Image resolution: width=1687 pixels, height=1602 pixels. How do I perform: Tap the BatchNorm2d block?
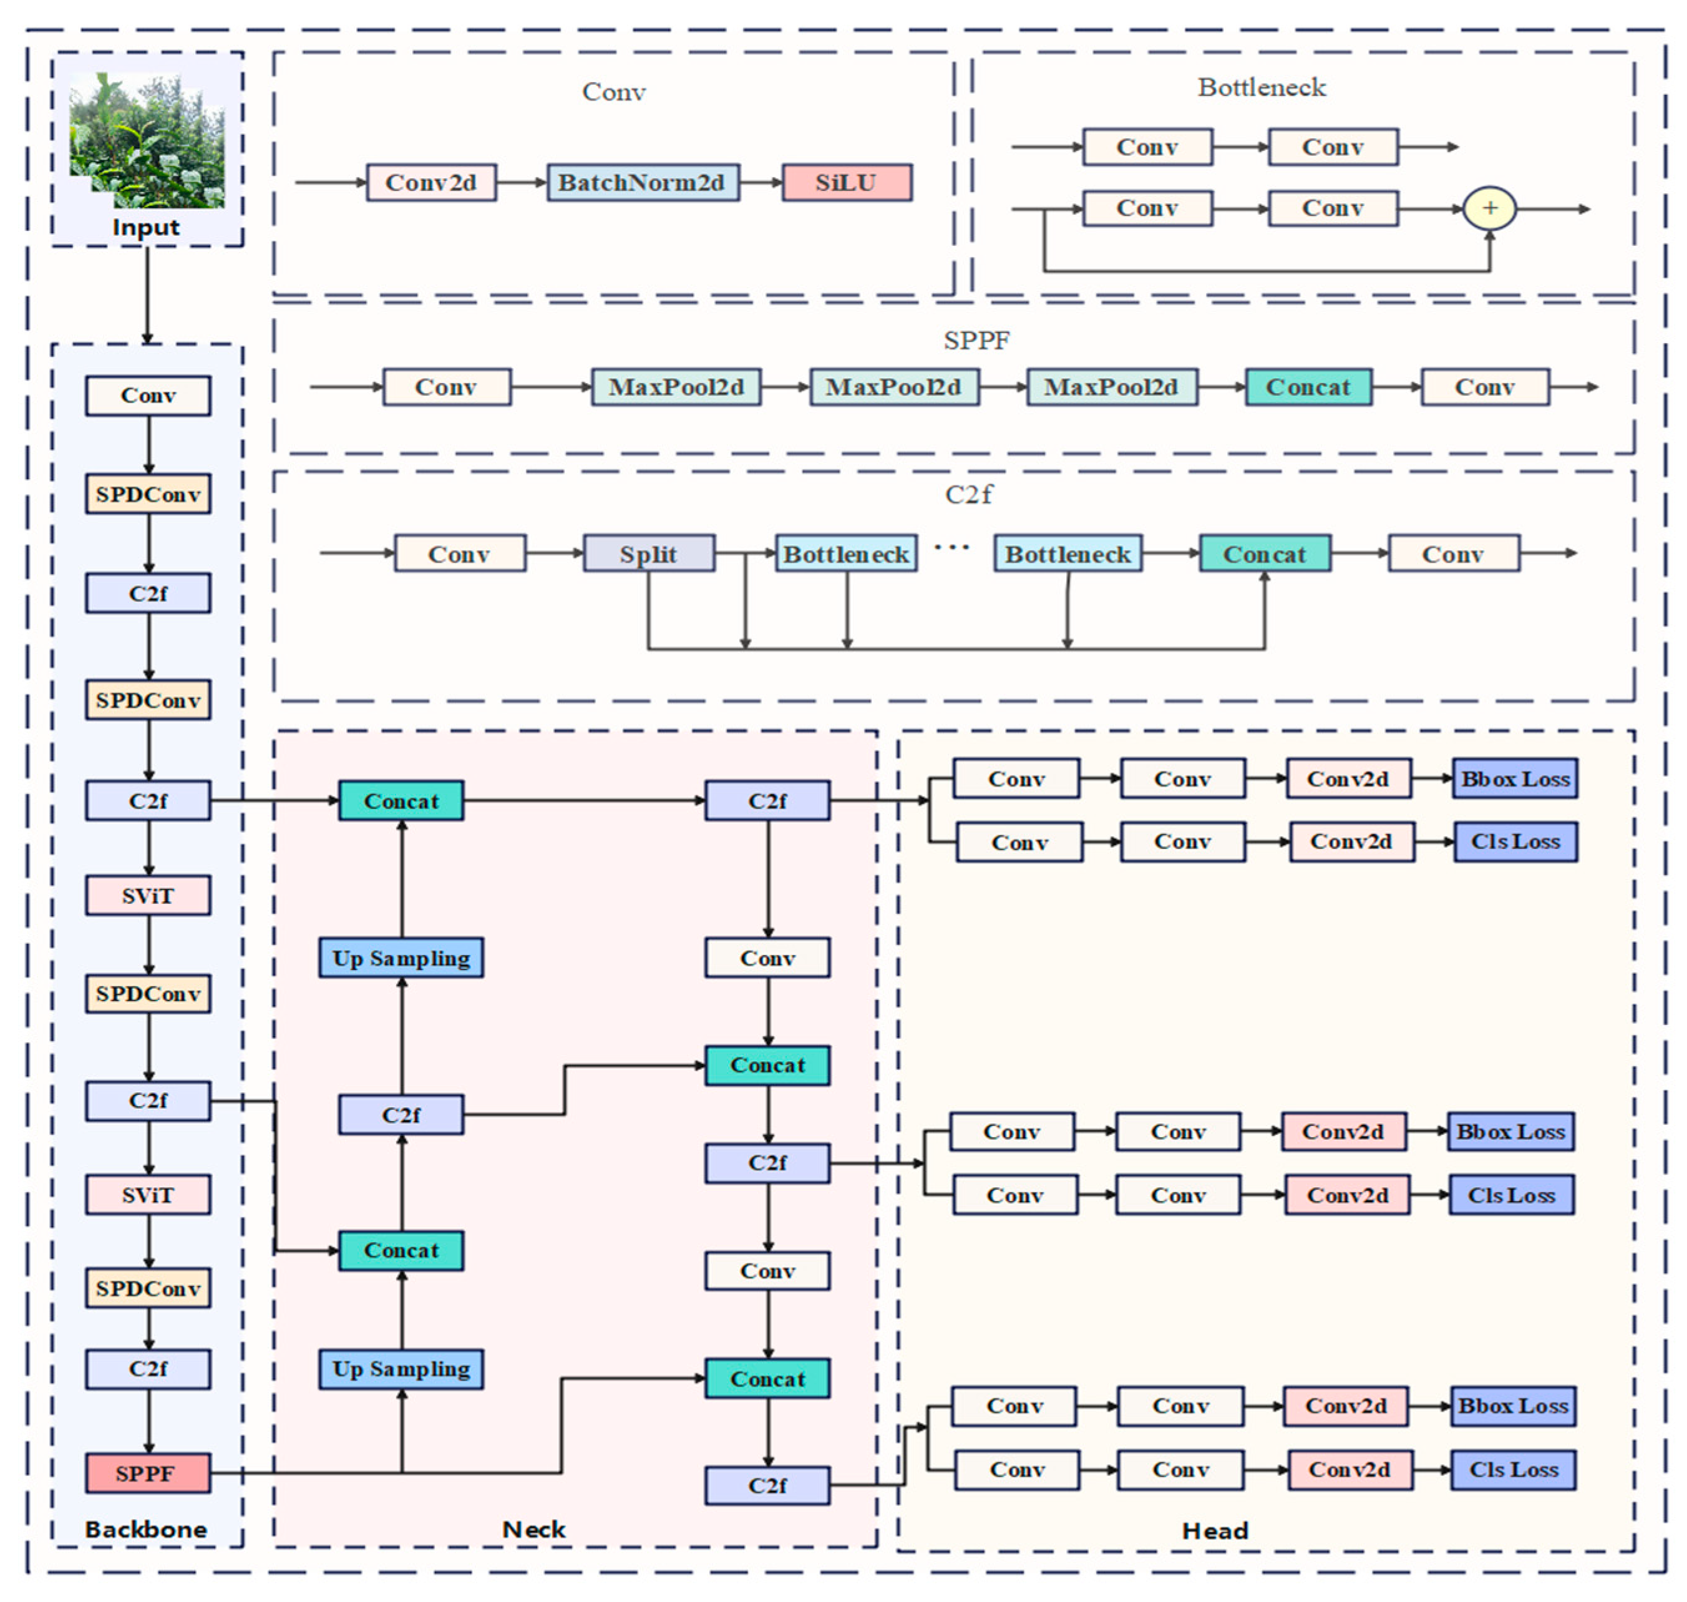pos(643,183)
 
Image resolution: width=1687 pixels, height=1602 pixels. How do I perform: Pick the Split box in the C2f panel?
pos(648,553)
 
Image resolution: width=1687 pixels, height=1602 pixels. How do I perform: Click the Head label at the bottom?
pos(1214,1530)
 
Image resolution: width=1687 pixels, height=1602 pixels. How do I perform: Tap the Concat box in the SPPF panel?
pos(1308,387)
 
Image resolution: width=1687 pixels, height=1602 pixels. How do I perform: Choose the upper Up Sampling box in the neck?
pos(401,958)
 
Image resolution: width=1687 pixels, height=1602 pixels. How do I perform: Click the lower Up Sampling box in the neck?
pos(401,1368)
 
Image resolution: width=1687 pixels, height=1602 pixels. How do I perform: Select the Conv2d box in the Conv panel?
pos(430,183)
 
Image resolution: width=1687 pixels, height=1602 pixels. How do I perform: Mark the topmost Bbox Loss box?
pos(1514,778)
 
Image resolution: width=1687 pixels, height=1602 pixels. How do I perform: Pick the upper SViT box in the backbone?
pos(148,895)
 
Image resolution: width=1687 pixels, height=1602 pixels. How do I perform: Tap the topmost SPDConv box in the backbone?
pos(148,493)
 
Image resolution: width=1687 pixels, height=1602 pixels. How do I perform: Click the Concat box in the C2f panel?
pos(1264,553)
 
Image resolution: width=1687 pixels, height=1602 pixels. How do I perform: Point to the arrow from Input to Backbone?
pos(147,294)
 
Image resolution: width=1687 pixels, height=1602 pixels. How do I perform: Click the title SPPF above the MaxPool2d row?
pos(976,340)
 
